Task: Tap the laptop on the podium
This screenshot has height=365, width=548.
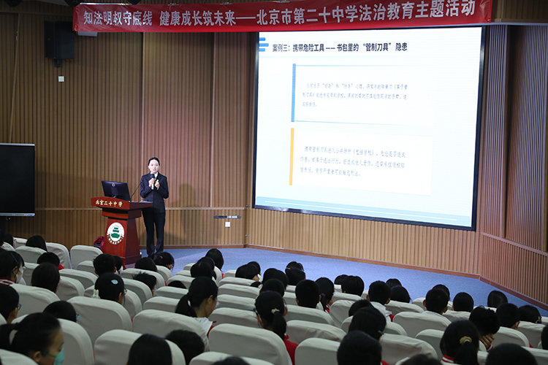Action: pyautogui.click(x=115, y=191)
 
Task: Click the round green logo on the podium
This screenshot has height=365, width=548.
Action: pyautogui.click(x=115, y=234)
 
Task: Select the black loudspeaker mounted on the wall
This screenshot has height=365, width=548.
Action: pyautogui.click(x=59, y=40)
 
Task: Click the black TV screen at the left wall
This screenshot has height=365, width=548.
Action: pyautogui.click(x=16, y=179)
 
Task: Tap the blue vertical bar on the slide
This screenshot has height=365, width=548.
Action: pyautogui.click(x=294, y=93)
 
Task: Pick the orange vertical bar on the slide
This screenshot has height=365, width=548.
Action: pyautogui.click(x=292, y=157)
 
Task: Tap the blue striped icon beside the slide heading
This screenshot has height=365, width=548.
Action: pyautogui.click(x=262, y=45)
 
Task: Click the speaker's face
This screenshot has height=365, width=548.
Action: pyautogui.click(x=153, y=164)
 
